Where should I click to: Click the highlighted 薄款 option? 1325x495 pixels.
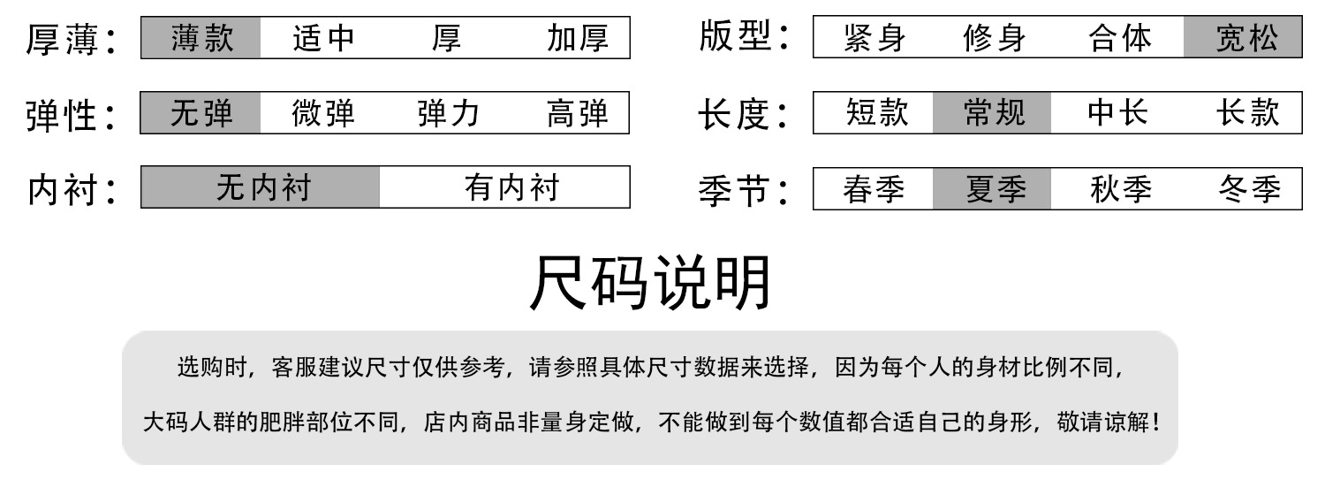[201, 39]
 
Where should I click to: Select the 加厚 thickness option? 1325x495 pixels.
[577, 39]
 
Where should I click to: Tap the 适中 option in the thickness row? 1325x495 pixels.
[323, 39]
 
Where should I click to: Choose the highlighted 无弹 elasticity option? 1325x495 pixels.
[201, 114]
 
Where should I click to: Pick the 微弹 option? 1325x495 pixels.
[323, 114]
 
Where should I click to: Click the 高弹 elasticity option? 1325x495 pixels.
[577, 114]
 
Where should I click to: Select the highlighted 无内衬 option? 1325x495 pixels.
[262, 188]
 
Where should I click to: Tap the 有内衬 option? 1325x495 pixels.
[511, 188]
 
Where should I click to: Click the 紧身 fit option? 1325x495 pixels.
[874, 39]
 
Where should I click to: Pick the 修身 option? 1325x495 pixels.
[996, 39]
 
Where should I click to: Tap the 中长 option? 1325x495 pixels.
[1117, 113]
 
